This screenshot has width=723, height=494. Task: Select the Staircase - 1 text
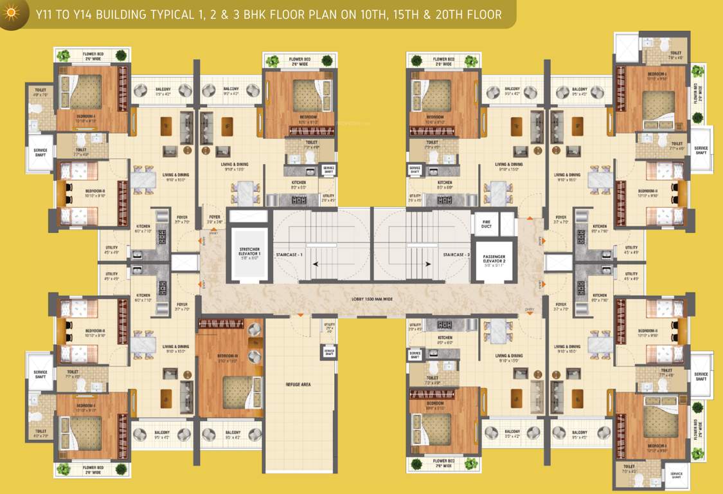coord(291,255)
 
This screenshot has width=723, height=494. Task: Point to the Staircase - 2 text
coord(457,255)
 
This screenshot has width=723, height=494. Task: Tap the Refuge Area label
coord(298,384)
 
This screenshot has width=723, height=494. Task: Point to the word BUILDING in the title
coord(118,14)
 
